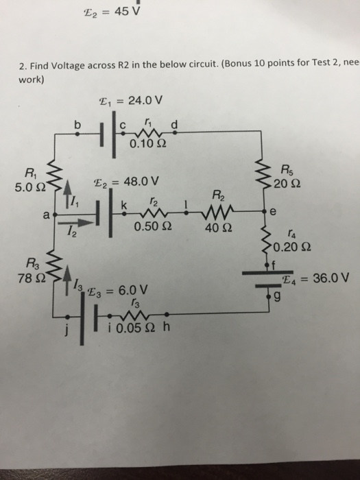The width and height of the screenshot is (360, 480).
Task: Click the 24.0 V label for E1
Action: pos(145,100)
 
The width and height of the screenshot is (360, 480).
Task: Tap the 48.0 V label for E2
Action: pos(141,182)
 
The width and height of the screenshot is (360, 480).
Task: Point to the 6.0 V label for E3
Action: pos(133,289)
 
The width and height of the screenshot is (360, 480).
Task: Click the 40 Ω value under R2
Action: pos(218,228)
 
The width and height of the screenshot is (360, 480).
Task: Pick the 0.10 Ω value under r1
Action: pos(148,143)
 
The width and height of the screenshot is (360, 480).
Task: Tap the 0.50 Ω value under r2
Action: pos(153,226)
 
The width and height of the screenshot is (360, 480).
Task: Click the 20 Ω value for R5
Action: pos(287,184)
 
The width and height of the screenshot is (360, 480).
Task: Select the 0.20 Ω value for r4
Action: pos(292,247)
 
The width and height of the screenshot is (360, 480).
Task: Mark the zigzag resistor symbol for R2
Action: pos(217,211)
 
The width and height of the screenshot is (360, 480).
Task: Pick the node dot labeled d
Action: pos(174,132)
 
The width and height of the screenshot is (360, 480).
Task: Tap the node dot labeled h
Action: pos(166,314)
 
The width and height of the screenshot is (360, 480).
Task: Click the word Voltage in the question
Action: pos(68,66)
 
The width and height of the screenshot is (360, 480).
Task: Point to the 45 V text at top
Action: pos(127,12)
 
